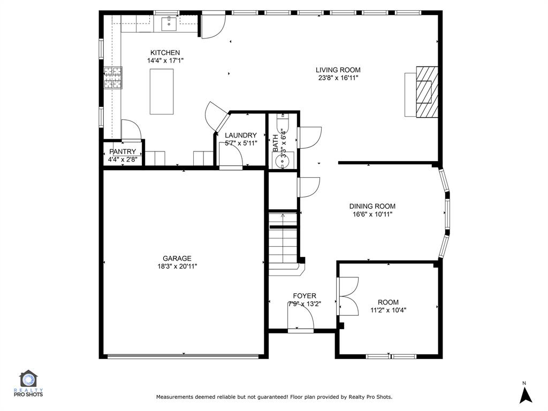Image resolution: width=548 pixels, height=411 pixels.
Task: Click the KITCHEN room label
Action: pos(165,53)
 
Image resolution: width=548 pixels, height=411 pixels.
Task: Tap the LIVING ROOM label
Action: pos(338,70)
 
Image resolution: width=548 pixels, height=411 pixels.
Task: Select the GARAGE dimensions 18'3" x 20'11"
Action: pos(177,267)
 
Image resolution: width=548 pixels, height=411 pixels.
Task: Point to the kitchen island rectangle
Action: pos(162,92)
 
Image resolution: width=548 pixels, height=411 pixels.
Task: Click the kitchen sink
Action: pos(169,24)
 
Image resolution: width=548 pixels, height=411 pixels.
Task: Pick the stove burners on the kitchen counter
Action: pos(112,78)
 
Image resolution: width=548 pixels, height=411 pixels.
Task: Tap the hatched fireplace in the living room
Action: pos(427,92)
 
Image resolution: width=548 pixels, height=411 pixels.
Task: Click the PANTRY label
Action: pos(123,151)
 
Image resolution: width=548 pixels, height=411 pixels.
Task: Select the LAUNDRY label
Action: pos(240,135)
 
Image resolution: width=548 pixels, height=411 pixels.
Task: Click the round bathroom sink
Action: pos(281,162)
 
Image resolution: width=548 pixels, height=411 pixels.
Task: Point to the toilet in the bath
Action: pos(283,123)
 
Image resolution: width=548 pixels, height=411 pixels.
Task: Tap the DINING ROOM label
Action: pos(372,206)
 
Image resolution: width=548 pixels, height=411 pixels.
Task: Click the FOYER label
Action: pos(305,296)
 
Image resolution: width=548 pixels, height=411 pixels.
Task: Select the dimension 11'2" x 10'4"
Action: pos(388,310)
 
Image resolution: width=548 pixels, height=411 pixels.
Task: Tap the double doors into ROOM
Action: pos(348,296)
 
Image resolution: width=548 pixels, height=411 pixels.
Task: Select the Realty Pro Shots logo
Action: pos(28,384)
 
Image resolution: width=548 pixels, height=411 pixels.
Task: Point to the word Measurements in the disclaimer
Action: pos(174,397)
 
